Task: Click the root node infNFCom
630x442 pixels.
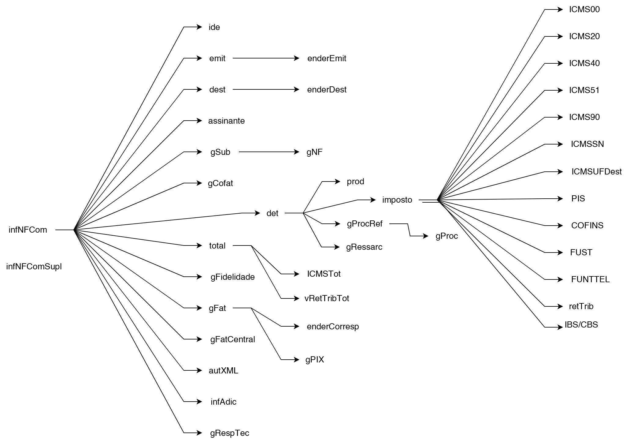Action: coord(28,230)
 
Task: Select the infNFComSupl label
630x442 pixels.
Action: coord(34,267)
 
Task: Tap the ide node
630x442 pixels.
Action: coord(214,27)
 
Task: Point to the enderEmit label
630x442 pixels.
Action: coord(327,58)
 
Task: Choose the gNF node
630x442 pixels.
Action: coord(314,152)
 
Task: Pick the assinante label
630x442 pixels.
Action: coord(226,121)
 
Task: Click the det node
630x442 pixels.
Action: coord(272,213)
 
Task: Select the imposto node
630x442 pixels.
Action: coord(397,200)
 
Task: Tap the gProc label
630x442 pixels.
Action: coord(447,236)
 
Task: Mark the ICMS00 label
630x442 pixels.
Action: coord(584,9)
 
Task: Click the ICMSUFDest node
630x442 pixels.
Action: coord(596,172)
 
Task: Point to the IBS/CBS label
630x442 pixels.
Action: coord(581,325)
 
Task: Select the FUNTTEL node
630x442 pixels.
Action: coord(590,279)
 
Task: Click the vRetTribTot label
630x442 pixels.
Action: coord(327,298)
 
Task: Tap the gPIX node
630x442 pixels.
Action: coord(314,360)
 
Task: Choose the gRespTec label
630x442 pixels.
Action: coord(229,433)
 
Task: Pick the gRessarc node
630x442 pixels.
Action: coord(364,247)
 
